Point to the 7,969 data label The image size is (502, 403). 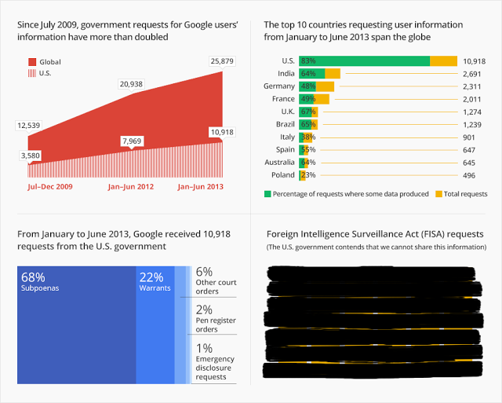pos(133,141)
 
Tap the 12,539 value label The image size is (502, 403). pos(30,126)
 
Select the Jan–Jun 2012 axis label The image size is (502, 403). pos(131,187)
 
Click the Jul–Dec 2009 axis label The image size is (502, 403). pos(50,187)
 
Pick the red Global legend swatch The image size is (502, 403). pos(32,62)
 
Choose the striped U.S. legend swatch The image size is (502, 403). pos(32,73)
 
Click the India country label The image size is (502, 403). pos(282,74)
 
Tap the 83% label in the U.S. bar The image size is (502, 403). pos(307,61)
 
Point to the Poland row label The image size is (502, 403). pos(282,175)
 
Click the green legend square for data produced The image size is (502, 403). pos(267,193)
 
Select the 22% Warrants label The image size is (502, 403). pos(155,282)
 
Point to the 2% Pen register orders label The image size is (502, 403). pos(215,319)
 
